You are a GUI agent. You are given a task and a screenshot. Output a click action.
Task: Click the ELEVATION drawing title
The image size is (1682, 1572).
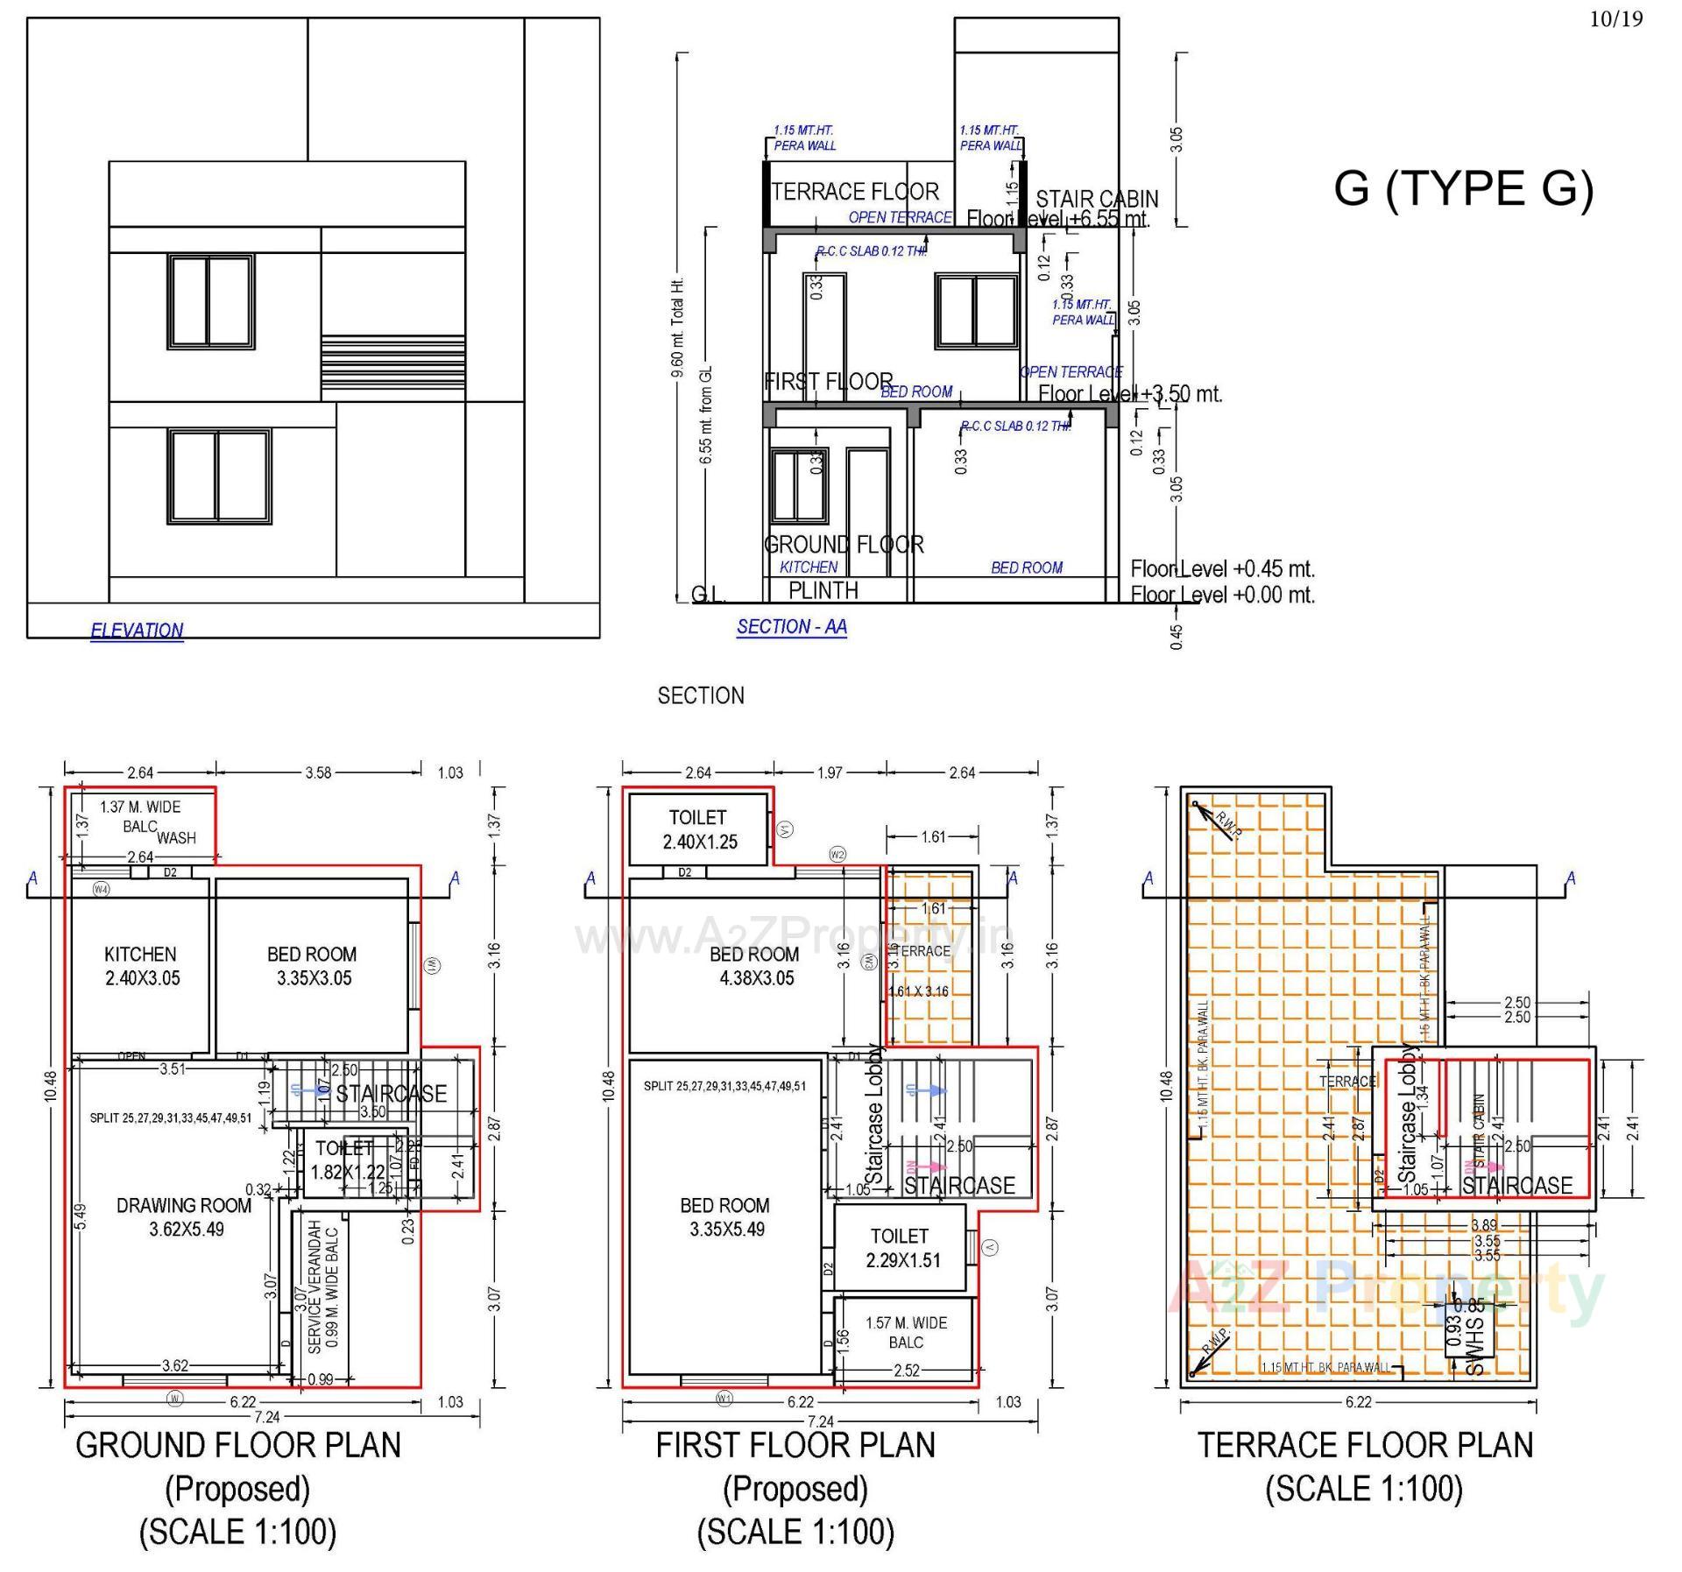click(x=137, y=631)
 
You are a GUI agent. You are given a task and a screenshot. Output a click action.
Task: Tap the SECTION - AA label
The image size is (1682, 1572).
click(x=791, y=627)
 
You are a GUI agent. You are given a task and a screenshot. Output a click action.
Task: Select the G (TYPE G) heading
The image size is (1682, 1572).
click(x=1463, y=188)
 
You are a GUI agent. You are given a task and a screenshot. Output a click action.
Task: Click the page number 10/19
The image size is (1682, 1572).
click(x=1616, y=19)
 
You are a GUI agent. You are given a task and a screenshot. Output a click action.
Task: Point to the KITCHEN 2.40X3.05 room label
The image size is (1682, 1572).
click(x=141, y=966)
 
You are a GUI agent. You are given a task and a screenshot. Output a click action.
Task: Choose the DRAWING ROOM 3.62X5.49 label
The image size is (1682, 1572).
click(x=185, y=1217)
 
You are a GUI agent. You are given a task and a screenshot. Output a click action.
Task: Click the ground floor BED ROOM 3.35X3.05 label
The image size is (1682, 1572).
click(x=313, y=966)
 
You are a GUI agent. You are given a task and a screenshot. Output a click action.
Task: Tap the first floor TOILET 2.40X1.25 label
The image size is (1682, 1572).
click(x=698, y=829)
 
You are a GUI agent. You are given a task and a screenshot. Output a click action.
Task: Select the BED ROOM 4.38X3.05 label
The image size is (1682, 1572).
click(x=755, y=966)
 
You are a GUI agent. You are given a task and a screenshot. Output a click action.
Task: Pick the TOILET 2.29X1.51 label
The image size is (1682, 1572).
click(x=901, y=1248)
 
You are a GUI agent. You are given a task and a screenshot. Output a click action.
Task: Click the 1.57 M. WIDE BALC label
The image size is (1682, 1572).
click(x=906, y=1332)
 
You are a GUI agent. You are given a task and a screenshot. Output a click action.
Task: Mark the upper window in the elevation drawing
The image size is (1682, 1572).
click(x=211, y=301)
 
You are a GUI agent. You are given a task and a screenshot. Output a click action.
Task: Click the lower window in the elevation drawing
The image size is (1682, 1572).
click(x=219, y=476)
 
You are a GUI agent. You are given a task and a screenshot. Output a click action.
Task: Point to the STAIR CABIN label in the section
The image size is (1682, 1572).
click(x=1097, y=200)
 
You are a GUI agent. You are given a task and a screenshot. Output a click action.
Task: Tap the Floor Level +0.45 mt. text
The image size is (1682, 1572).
click(x=1222, y=569)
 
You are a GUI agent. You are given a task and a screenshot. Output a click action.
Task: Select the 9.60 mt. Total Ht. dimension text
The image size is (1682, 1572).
click(x=677, y=328)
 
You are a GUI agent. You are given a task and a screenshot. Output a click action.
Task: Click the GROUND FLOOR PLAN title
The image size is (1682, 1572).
click(x=238, y=1445)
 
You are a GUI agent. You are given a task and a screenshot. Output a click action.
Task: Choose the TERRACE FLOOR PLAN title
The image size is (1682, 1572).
click(x=1365, y=1445)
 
